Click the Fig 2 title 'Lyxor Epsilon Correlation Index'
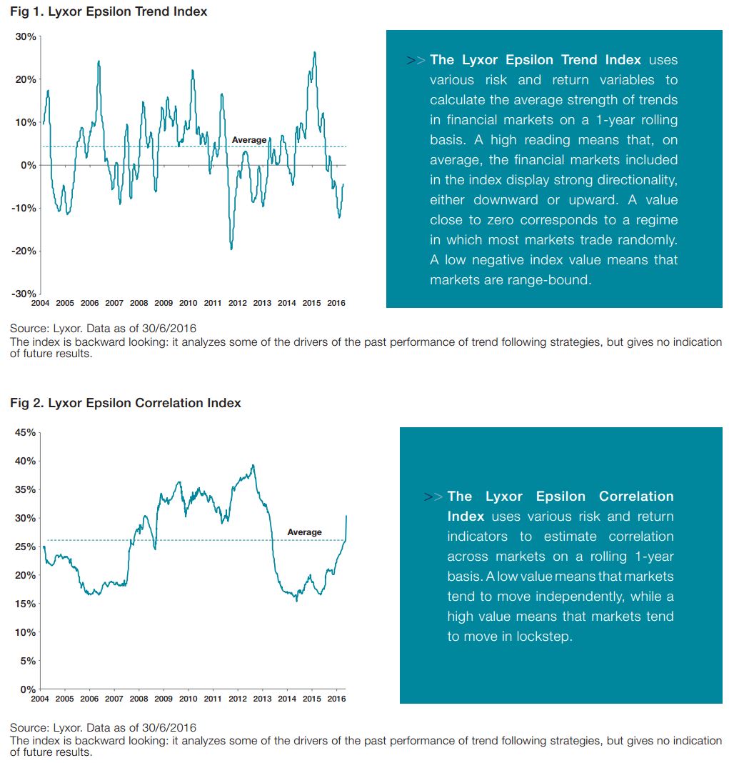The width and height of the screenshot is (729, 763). tap(144, 403)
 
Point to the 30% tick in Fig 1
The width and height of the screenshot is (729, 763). tap(26, 36)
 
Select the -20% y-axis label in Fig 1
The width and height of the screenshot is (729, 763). tap(24, 251)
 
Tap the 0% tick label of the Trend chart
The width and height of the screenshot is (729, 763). tap(29, 166)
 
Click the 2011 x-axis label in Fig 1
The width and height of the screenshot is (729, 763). tap(213, 303)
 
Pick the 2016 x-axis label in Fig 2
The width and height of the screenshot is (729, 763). tap(336, 699)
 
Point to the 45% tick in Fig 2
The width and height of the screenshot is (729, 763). tap(25, 433)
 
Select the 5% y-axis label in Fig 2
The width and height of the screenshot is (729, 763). tap(28, 661)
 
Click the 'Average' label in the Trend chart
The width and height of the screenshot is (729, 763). tap(249, 140)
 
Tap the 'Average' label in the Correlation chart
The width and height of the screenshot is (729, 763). tap(304, 532)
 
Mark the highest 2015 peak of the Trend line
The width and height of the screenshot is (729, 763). tap(315, 52)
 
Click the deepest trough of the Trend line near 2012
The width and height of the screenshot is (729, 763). tap(231, 249)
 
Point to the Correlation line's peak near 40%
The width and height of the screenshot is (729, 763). tap(253, 465)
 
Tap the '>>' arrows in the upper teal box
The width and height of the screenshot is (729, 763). tap(416, 60)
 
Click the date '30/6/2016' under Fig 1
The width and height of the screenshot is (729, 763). tap(169, 329)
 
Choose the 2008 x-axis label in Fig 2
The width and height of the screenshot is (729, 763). tap(139, 699)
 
